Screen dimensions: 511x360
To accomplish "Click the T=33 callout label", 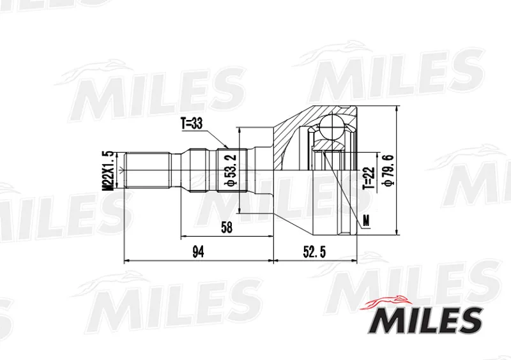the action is click(x=192, y=123).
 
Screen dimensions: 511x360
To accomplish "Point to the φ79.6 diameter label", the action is click(x=389, y=170).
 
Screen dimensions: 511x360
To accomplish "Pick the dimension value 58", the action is click(x=227, y=227).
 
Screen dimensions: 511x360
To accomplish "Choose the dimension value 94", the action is click(x=198, y=252).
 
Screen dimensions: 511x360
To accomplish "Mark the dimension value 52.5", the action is click(x=314, y=252).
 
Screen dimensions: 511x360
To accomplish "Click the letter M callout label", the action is click(x=366, y=221).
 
